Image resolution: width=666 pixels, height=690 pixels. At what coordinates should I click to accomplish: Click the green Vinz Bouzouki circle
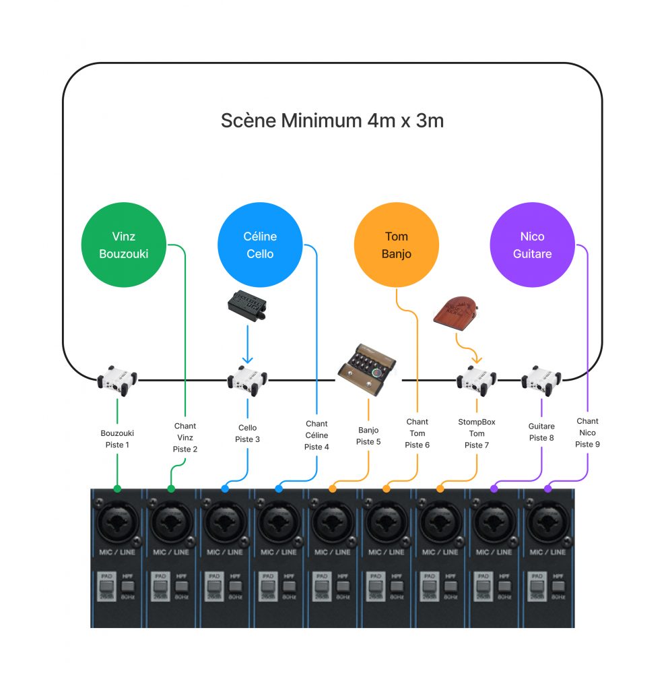click(x=123, y=245)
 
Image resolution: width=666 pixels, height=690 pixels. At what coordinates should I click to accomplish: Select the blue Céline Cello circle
click(x=260, y=245)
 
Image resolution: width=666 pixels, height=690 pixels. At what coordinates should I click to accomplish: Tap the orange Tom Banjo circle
click(x=396, y=245)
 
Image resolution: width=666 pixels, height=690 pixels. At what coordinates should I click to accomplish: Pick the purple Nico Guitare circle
click(x=532, y=245)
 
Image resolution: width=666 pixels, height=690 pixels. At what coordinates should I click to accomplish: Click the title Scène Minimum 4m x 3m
click(x=332, y=121)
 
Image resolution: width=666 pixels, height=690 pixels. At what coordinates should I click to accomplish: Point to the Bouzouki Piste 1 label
click(x=117, y=439)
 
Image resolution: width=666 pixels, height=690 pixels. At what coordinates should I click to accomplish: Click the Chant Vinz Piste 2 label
click(x=185, y=437)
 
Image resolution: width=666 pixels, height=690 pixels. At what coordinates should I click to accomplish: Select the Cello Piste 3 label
click(x=247, y=433)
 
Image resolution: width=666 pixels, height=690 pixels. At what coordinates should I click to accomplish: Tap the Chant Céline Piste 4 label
click(x=317, y=435)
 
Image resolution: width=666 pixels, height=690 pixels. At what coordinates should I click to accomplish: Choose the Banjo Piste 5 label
click(x=368, y=436)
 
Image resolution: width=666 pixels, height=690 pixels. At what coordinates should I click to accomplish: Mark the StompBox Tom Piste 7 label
click(x=477, y=433)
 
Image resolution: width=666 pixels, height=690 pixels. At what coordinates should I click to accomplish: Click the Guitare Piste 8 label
click(x=541, y=432)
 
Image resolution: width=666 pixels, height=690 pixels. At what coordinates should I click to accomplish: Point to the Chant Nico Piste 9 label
click(x=587, y=433)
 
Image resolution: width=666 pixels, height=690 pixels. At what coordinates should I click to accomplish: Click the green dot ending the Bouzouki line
click(x=118, y=489)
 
